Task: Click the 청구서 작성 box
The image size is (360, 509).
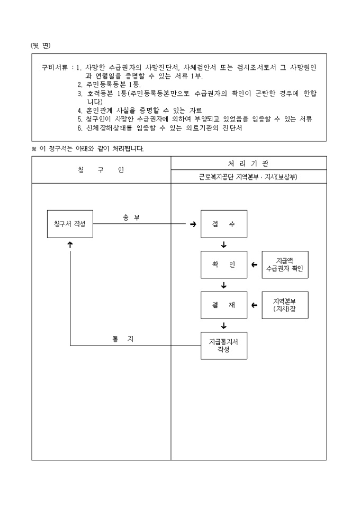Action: [x=70, y=224]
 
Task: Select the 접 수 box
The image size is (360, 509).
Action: [x=223, y=224]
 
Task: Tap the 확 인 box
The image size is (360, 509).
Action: [x=223, y=265]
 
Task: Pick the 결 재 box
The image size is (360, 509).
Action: [x=223, y=305]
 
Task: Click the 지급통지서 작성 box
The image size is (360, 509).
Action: [x=223, y=346]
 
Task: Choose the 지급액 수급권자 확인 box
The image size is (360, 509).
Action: [x=285, y=265]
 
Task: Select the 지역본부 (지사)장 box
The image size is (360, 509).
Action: [x=285, y=305]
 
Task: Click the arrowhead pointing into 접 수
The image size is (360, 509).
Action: [x=193, y=224]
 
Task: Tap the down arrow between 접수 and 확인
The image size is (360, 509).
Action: [x=224, y=244]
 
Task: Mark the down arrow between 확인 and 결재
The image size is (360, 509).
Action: [x=224, y=285]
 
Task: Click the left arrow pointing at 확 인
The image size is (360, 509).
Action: [x=254, y=265]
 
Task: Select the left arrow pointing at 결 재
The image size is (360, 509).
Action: [x=254, y=305]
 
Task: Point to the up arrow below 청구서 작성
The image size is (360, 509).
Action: [x=70, y=244]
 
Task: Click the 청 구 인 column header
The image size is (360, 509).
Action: [x=101, y=170]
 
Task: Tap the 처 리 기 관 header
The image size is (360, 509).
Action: [x=248, y=163]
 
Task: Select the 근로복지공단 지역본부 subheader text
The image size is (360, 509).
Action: [x=248, y=177]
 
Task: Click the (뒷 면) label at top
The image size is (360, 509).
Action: [x=40, y=45]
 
